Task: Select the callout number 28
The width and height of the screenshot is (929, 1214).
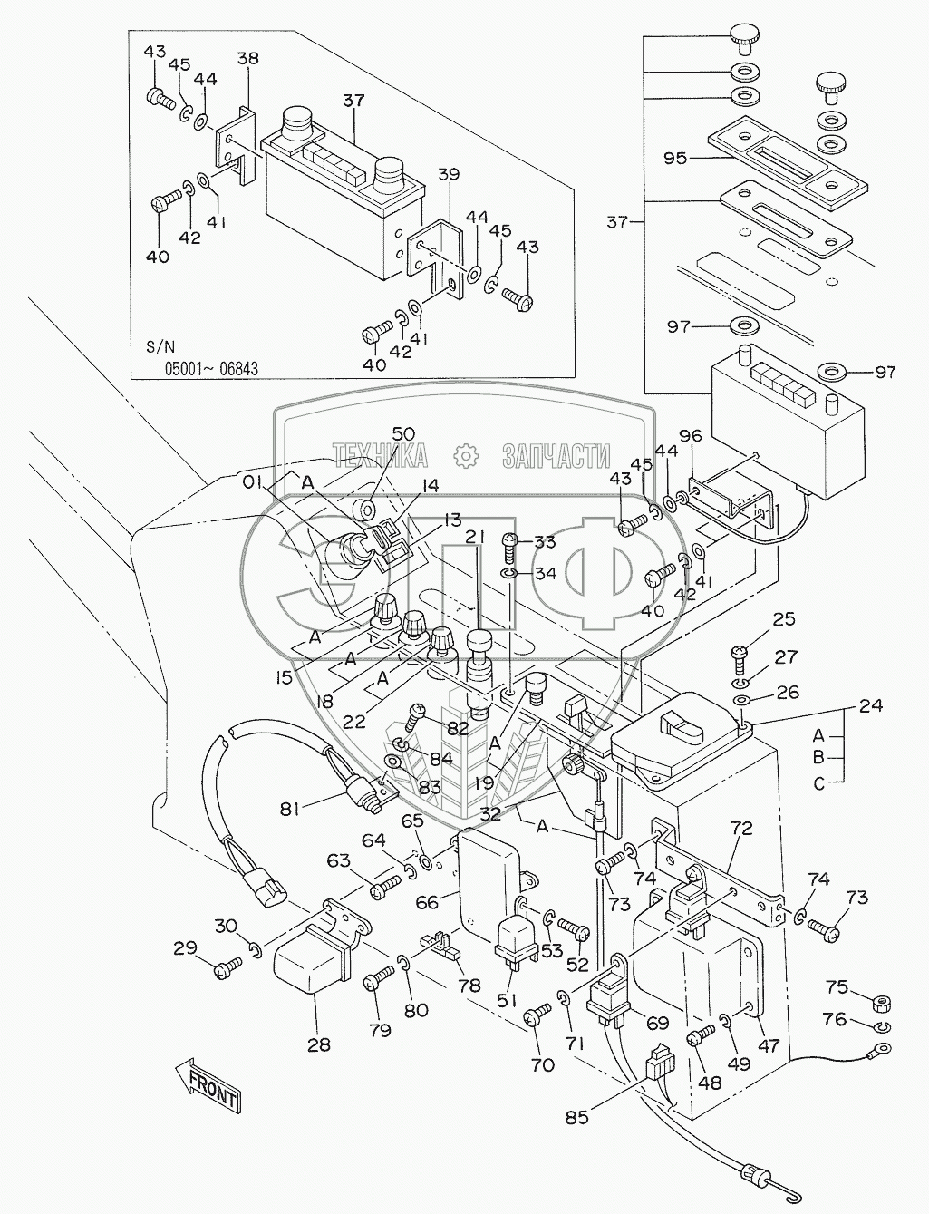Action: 317,1045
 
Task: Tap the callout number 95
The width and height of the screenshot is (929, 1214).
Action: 674,158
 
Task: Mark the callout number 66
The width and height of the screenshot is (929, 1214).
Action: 426,902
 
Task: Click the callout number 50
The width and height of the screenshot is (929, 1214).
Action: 402,433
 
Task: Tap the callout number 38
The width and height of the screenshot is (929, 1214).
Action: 247,59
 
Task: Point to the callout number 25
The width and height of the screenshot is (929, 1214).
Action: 784,619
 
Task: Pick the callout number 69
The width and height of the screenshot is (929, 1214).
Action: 657,1023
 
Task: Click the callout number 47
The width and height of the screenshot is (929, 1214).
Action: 769,1045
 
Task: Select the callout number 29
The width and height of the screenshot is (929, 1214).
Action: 185,948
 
